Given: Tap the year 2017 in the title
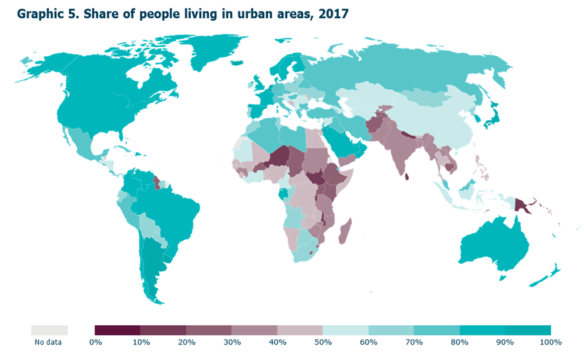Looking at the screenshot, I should coord(332,14).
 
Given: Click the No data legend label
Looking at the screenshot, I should coord(49,342).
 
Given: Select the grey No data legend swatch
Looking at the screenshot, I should coord(49,330).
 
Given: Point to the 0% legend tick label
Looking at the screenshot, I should coord(95,342).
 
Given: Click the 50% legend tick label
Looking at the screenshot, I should coord(323,342).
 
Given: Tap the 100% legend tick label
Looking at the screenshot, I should coord(552,342).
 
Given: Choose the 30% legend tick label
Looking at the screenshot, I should coord(232,342).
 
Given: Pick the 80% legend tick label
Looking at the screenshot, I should coord(459,342).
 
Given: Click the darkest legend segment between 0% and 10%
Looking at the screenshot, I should coord(118,330).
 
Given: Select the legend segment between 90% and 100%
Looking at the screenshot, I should coord(528,330).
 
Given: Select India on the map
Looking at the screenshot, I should coord(413,149).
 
